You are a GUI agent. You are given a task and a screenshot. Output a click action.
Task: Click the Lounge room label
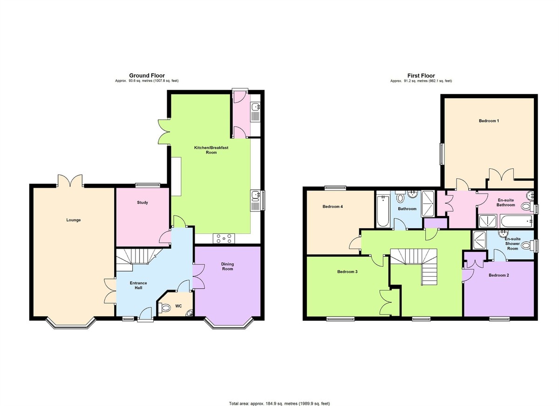pyautogui.click(x=74, y=220)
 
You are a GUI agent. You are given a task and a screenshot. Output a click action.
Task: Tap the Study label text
pyautogui.click(x=143, y=203)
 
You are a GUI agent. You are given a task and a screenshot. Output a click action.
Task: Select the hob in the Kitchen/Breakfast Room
pyautogui.click(x=224, y=238)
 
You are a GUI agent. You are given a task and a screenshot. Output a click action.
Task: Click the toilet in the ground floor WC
pyautogui.click(x=164, y=307)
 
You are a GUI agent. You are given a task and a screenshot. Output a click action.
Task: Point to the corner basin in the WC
pyautogui.click(x=190, y=313)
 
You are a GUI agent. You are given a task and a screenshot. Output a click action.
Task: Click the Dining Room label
pyautogui.click(x=227, y=266)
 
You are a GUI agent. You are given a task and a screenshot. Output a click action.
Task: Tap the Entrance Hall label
pyautogui.click(x=138, y=285)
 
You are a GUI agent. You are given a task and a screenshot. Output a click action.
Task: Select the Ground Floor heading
pyautogui.click(x=147, y=75)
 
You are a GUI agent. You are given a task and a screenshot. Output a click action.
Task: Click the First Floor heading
pyautogui.click(x=421, y=75)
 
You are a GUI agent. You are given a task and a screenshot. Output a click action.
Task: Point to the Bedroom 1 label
pyautogui.click(x=489, y=121)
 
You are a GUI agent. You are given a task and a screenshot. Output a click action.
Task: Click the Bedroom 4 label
pyautogui.click(x=333, y=206)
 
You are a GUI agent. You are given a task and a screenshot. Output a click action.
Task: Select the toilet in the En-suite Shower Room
pyautogui.click(x=526, y=245)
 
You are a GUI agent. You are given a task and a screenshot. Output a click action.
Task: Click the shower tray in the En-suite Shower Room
pyautogui.click(x=479, y=240)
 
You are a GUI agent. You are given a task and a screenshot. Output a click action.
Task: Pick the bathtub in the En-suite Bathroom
pyautogui.click(x=516, y=221)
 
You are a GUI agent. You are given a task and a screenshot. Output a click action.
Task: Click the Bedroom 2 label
pyautogui.click(x=498, y=275)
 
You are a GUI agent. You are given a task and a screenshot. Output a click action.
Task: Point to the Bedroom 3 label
pyautogui.click(x=348, y=271)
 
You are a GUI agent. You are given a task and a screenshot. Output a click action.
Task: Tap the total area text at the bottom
pyautogui.click(x=279, y=397)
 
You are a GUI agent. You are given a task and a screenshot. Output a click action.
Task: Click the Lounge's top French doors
pyautogui.click(x=70, y=181)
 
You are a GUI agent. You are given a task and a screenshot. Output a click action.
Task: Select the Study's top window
pyautogui.click(x=148, y=185)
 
